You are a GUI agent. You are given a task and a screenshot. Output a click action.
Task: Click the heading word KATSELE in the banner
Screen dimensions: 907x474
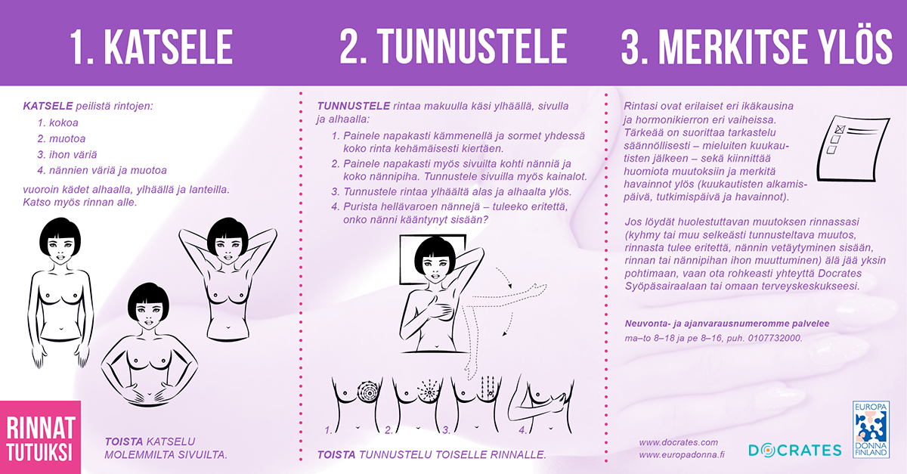point(169,47)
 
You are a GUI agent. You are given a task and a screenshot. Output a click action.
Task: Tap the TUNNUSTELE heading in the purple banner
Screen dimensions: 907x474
point(472,47)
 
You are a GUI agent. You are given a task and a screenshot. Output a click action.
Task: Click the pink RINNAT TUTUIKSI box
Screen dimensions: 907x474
point(41,437)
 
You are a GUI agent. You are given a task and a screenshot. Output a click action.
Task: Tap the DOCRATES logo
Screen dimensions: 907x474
point(795,450)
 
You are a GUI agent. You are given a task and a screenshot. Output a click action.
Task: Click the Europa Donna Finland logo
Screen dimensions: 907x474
point(871,429)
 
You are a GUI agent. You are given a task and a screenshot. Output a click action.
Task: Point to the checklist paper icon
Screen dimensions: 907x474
point(853,148)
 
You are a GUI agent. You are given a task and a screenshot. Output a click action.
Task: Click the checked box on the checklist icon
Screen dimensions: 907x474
point(840,129)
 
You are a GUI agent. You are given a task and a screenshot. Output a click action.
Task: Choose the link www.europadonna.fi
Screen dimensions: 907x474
point(682,454)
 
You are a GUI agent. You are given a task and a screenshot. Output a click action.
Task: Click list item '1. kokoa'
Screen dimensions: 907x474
point(58,122)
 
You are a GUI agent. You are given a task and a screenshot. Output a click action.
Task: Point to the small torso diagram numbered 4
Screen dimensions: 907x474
point(541,405)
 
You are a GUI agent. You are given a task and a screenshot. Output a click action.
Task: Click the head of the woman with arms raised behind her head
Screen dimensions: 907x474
point(228,240)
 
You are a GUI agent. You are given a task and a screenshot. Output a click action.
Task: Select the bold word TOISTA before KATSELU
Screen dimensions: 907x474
point(124,441)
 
